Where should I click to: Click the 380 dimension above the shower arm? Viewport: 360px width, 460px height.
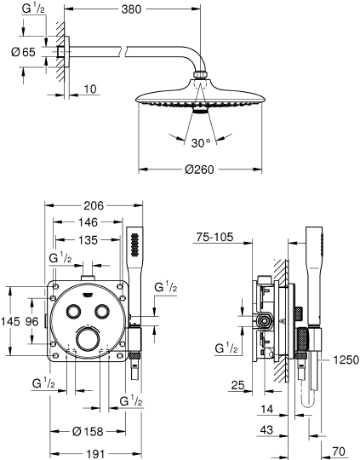point(130,11)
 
